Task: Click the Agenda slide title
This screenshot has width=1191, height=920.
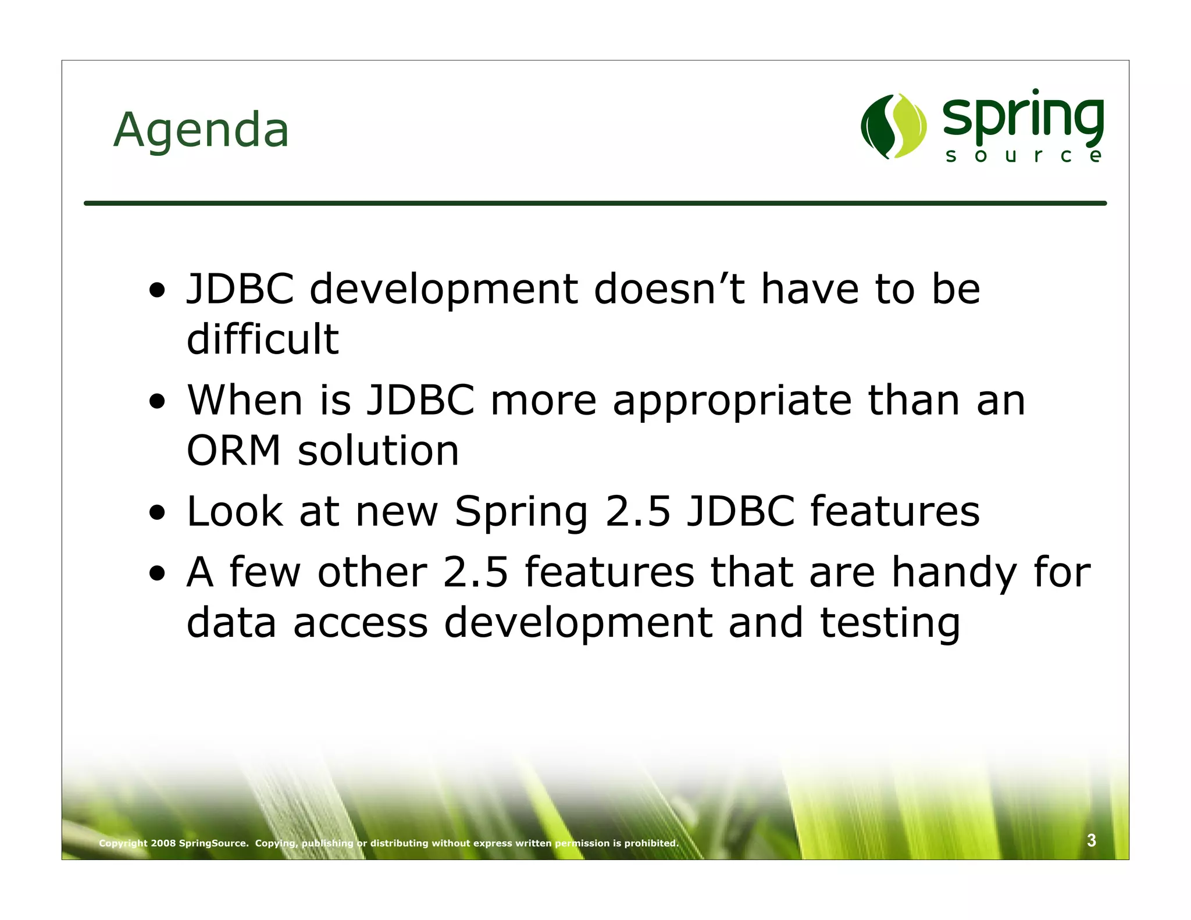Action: point(201,130)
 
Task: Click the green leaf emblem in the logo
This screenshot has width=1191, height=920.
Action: point(893,126)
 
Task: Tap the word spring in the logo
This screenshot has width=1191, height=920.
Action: point(1023,119)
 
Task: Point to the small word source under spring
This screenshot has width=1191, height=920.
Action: point(1023,156)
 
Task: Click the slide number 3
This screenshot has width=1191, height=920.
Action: point(1092,840)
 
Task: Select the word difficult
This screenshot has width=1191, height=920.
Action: point(262,339)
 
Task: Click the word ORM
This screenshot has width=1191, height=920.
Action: point(234,451)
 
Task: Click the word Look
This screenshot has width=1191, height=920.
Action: point(234,512)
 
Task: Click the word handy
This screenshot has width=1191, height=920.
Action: point(954,573)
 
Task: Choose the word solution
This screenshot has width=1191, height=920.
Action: point(378,451)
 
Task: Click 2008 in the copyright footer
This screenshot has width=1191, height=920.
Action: point(163,843)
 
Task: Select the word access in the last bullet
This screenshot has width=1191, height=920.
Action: point(361,623)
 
